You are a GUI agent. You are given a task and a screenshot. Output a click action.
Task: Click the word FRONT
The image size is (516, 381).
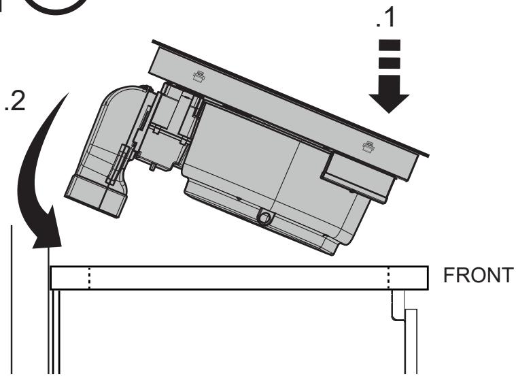[x=478, y=275]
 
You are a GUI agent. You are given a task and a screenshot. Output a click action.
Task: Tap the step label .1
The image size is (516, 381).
[x=385, y=18]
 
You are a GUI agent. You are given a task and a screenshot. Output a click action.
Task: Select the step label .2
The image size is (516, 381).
[x=15, y=101]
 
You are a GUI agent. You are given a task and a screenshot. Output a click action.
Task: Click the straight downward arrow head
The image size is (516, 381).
[x=389, y=103]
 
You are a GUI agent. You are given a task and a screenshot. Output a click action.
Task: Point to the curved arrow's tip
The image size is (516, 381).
[x=50, y=246]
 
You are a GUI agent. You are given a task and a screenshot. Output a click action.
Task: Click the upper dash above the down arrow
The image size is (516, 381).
[x=390, y=46]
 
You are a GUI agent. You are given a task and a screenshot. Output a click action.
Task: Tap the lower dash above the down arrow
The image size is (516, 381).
[x=390, y=63]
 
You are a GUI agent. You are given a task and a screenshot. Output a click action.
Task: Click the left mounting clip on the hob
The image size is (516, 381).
[x=199, y=76]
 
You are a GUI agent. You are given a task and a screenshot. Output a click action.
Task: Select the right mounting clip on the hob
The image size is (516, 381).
[x=368, y=147]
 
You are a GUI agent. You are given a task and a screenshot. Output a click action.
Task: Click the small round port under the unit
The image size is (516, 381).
[x=264, y=218]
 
